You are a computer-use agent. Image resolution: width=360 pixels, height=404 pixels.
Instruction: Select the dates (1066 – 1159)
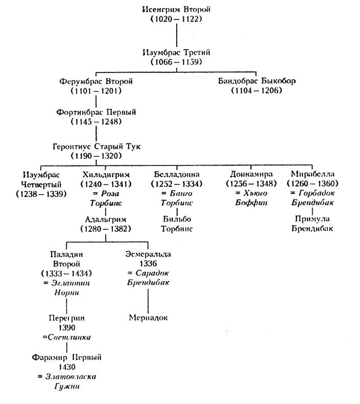(x=177, y=62)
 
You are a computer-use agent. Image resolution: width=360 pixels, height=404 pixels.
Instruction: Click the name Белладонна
(x=176, y=174)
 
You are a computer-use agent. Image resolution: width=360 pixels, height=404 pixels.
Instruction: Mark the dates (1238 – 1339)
(x=40, y=194)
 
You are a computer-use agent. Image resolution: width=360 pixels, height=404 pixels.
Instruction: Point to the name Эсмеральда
(x=148, y=254)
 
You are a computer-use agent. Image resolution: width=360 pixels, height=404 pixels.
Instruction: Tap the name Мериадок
(x=148, y=318)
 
